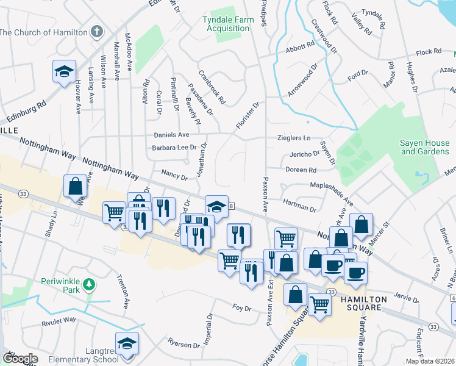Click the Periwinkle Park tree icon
coord(88,284)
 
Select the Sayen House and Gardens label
coord(424,146)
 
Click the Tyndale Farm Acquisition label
coord(229,24)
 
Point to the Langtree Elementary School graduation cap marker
coord(127,344)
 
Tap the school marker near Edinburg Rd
coord(64,72)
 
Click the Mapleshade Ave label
coord(332,193)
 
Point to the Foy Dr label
coord(242,308)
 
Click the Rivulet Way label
coord(59,319)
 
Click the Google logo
coord(20,359)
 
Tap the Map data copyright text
coord(429,361)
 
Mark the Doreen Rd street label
coord(301,170)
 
